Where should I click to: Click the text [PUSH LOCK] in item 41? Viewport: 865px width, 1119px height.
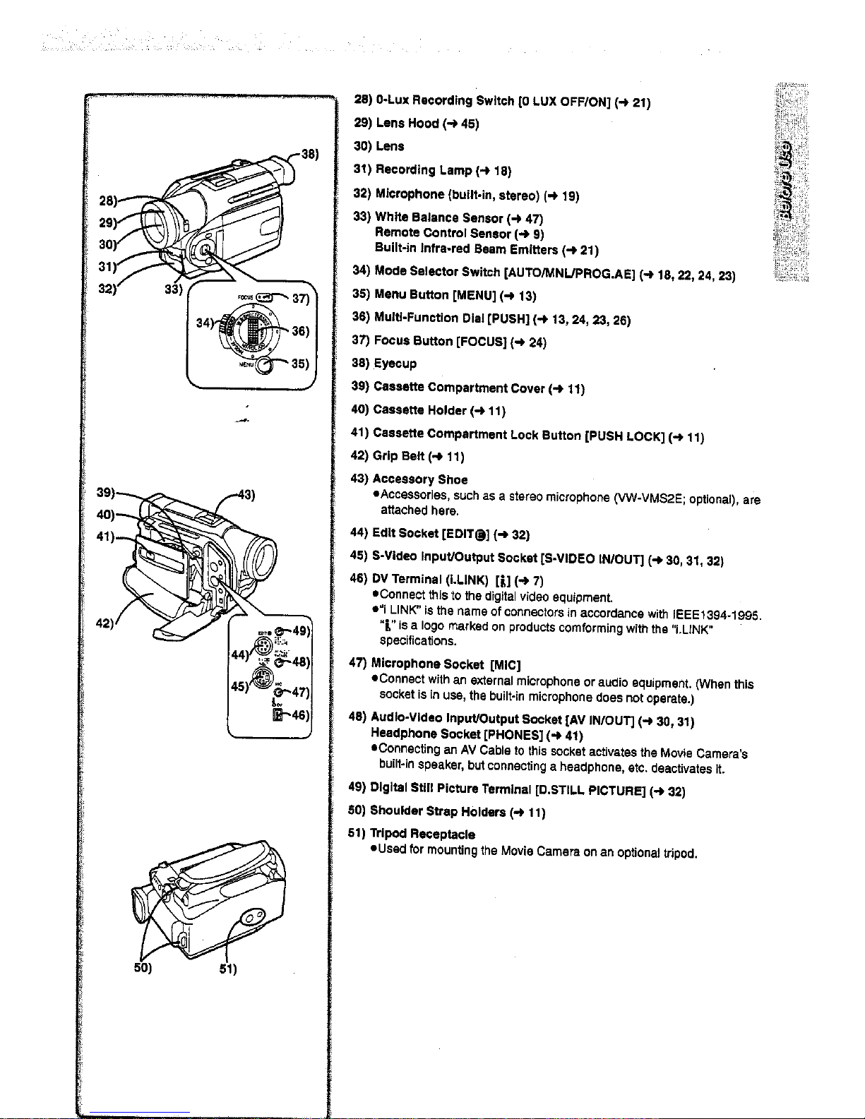pyautogui.click(x=625, y=436)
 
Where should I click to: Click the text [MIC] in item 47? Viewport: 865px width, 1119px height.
pyautogui.click(x=505, y=664)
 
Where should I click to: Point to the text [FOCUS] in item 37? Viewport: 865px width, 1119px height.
pyautogui.click(x=480, y=342)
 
